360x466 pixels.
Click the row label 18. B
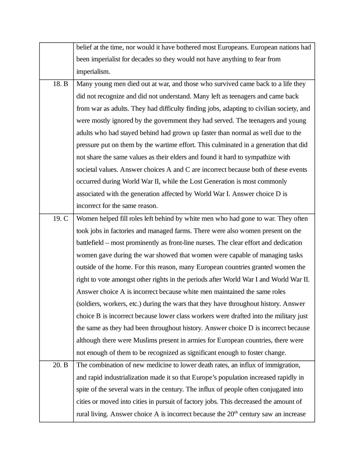click(61, 84)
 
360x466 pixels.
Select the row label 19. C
click(61, 218)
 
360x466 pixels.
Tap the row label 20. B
click(61, 365)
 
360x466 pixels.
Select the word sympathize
click(258, 157)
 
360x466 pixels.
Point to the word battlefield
click(92, 243)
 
